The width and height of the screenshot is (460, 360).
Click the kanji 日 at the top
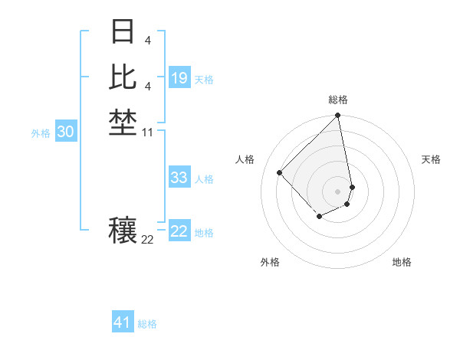click(123, 33)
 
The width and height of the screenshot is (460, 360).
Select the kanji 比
click(123, 77)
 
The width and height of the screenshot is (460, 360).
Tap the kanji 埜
click(123, 122)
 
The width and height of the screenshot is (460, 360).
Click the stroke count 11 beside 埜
click(148, 132)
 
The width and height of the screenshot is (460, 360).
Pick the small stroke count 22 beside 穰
click(148, 240)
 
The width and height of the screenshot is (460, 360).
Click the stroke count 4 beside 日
click(147, 40)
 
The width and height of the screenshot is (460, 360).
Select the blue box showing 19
click(179, 78)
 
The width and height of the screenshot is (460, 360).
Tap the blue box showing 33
click(179, 178)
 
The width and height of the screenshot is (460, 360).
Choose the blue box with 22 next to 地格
click(179, 231)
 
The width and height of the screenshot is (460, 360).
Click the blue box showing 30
click(66, 132)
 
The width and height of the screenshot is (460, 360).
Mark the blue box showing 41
click(123, 322)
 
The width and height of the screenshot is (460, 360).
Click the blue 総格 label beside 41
click(147, 324)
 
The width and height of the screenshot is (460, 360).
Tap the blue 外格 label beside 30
click(41, 133)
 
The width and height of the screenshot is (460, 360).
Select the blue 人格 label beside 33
click(204, 179)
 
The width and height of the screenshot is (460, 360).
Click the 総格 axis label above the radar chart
click(338, 100)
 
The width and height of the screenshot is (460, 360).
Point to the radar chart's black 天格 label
click(432, 159)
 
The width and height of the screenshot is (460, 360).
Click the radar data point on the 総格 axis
click(337, 116)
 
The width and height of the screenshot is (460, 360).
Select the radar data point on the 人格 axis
click(280, 172)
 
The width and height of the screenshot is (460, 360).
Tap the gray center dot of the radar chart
click(337, 191)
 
